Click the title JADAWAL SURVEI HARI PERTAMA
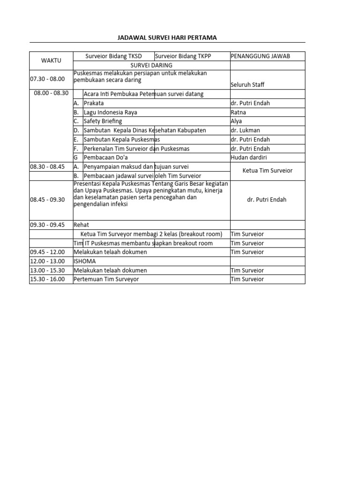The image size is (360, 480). [x=167, y=37]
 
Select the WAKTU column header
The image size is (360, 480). [x=52, y=61]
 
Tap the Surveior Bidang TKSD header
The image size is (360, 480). [x=113, y=56]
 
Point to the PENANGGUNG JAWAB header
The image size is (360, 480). [x=260, y=56]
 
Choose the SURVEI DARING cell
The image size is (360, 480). [x=151, y=65]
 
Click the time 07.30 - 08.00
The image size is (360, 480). [x=47, y=79]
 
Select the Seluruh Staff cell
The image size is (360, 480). [x=247, y=85]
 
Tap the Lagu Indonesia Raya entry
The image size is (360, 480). [x=111, y=112]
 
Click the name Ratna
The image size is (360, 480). [x=238, y=112]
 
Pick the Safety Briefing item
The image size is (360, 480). [x=103, y=121]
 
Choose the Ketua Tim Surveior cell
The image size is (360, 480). [x=267, y=171]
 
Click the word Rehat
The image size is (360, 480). [x=82, y=225]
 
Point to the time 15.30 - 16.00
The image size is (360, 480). [x=47, y=279]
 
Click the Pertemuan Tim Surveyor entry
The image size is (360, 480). [x=106, y=279]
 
